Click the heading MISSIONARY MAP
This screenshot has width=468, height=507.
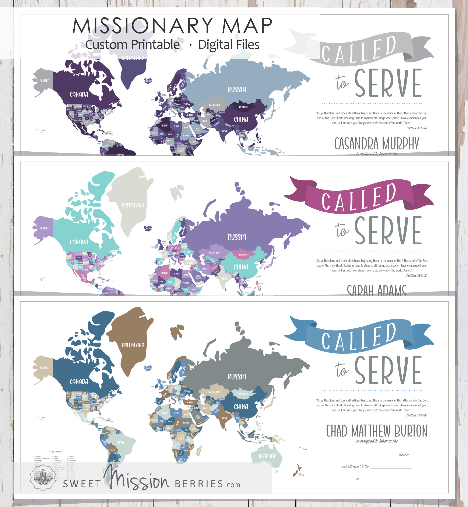(x=172, y=26)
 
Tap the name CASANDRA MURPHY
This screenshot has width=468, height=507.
(x=377, y=144)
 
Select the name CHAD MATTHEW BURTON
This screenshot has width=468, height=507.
(x=377, y=431)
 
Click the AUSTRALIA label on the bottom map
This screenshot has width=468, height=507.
(x=267, y=456)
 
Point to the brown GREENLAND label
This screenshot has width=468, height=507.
(x=133, y=345)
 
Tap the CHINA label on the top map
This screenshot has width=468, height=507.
(x=241, y=119)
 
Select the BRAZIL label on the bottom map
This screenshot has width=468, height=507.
(x=122, y=442)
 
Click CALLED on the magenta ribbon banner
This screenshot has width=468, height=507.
(x=358, y=198)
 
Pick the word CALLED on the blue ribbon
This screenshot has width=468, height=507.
(x=358, y=338)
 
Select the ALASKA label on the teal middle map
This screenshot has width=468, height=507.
(x=45, y=228)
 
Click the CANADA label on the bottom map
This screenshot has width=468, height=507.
(x=79, y=382)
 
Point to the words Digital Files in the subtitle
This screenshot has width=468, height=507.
(x=229, y=45)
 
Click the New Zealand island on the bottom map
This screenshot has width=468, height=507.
(x=297, y=471)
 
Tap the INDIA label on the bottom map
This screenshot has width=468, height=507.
(x=224, y=418)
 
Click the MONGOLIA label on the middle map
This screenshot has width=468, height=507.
(x=244, y=255)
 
